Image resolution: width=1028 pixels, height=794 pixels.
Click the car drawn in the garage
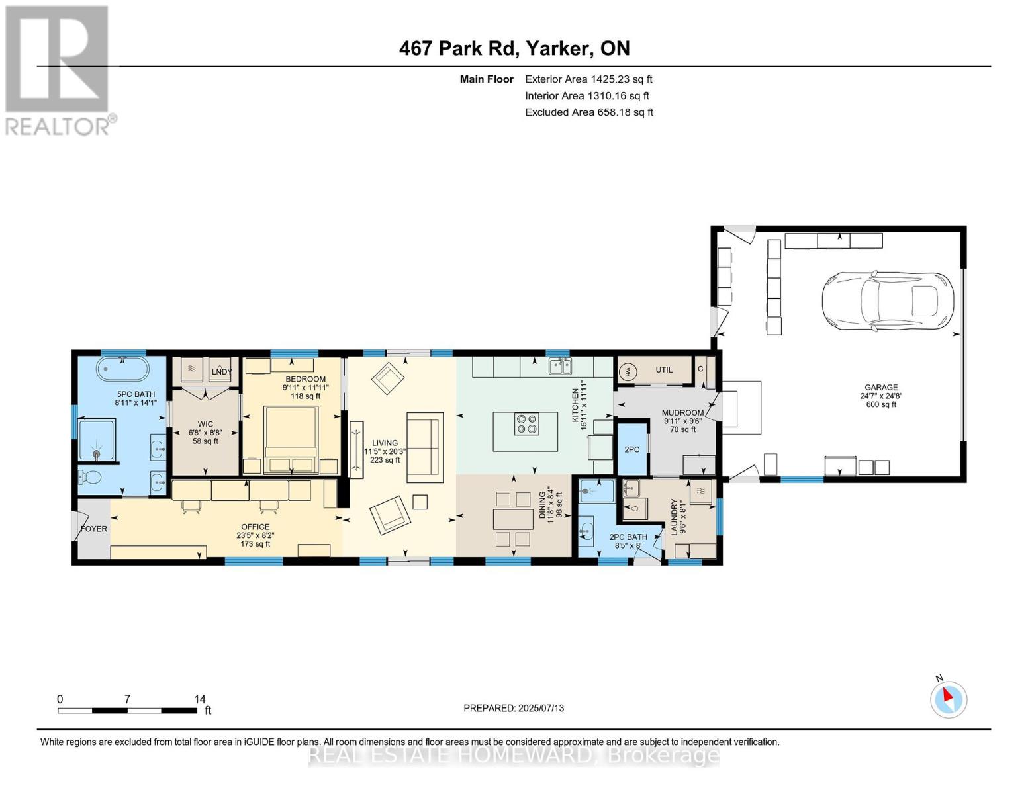click(x=888, y=301)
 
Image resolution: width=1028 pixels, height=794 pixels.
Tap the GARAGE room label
click(x=881, y=387)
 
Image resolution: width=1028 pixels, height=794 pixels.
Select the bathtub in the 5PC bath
click(x=123, y=369)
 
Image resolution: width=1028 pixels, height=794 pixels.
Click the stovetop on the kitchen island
click(x=526, y=423)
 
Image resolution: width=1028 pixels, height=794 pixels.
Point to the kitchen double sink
click(x=560, y=367)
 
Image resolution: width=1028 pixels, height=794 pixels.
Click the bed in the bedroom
click(x=291, y=439)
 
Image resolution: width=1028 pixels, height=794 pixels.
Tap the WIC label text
click(x=205, y=424)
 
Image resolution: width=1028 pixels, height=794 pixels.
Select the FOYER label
click(x=94, y=529)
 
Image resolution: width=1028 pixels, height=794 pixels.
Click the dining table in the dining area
click(x=513, y=519)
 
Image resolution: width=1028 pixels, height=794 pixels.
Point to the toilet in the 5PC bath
click(x=90, y=478)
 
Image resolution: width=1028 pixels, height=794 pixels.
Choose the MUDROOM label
click(x=682, y=413)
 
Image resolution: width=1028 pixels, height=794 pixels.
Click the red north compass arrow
click(x=948, y=695)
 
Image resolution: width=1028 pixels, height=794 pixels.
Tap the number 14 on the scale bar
click(x=200, y=699)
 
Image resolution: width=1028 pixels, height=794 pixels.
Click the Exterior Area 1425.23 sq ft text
click(x=588, y=79)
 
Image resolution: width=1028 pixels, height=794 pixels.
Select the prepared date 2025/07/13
click(x=541, y=708)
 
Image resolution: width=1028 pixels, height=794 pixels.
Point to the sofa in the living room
click(x=425, y=447)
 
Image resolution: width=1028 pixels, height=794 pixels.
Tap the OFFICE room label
click(x=256, y=527)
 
